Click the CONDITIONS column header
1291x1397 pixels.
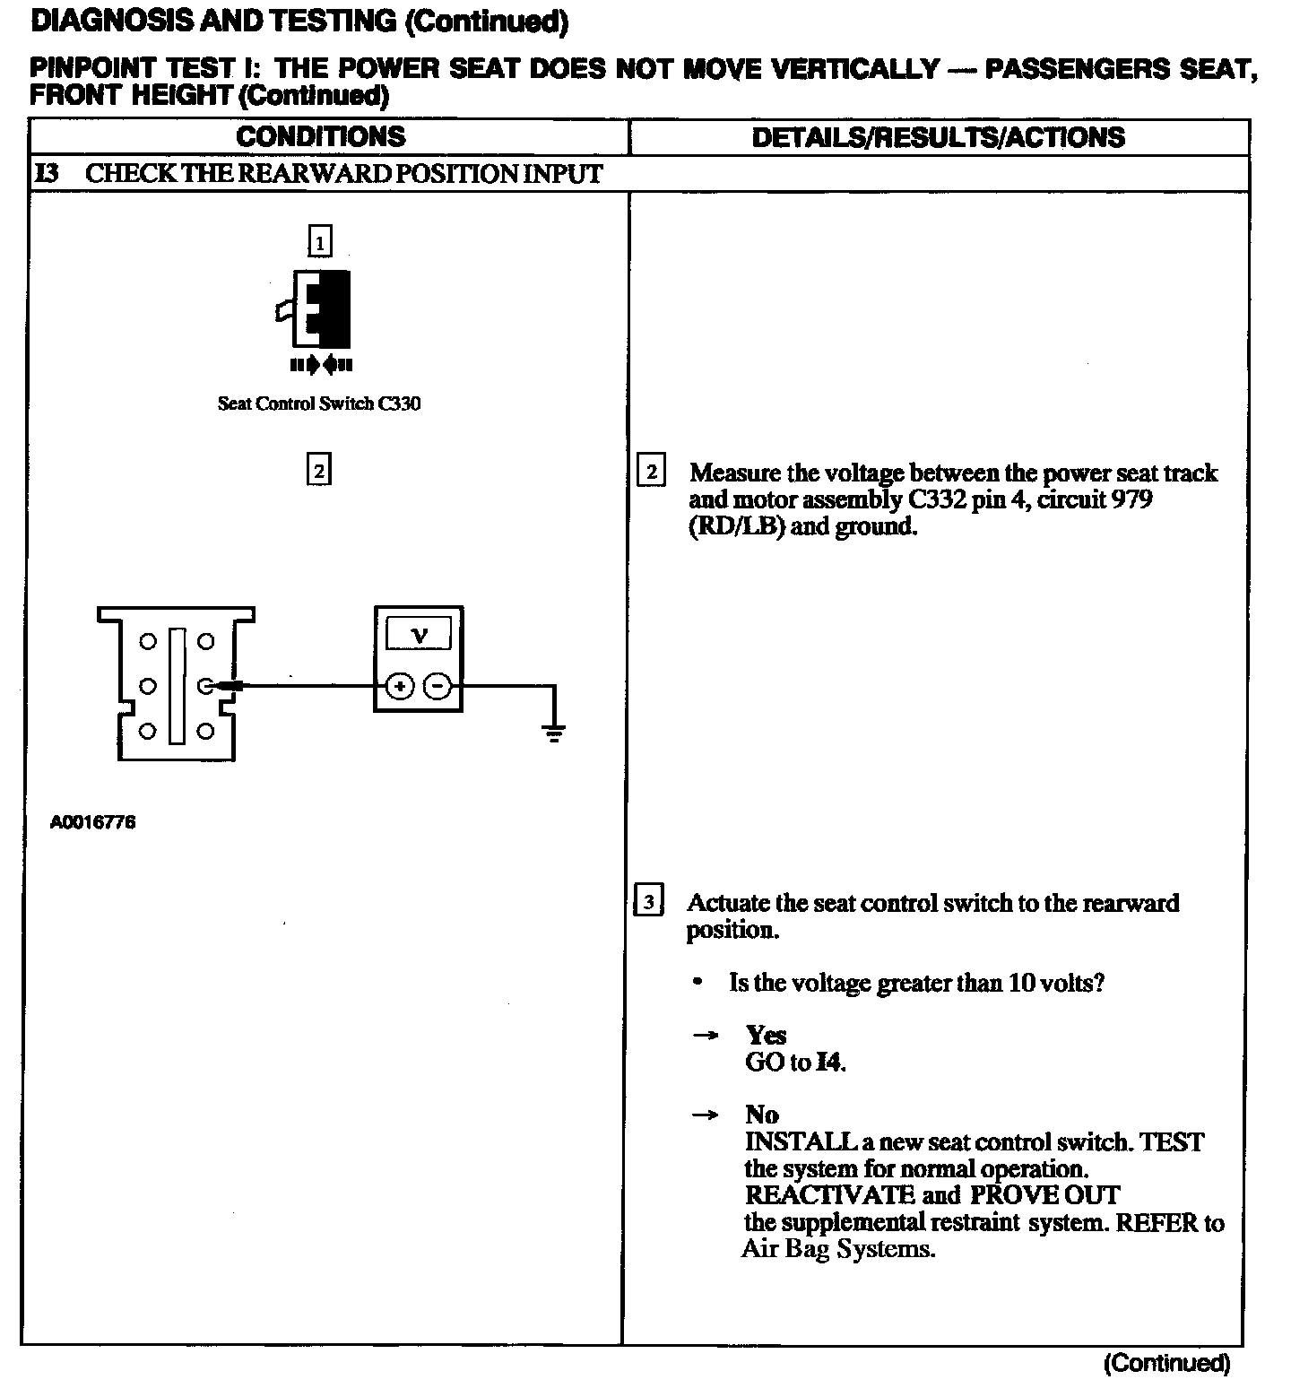point(321,137)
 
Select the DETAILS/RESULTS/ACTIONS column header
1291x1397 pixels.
point(938,137)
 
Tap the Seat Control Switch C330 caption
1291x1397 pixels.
point(319,403)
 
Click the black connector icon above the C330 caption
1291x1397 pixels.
point(320,309)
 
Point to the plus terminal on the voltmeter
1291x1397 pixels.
point(400,687)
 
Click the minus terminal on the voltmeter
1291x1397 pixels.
point(438,687)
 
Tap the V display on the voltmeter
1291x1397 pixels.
point(419,635)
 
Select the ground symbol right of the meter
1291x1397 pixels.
point(554,733)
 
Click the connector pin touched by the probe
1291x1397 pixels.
point(205,687)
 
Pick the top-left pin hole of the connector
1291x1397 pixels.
point(149,641)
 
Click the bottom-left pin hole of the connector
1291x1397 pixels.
point(149,732)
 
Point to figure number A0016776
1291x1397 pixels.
point(93,822)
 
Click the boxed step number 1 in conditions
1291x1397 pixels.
point(319,241)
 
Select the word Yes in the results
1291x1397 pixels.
point(766,1036)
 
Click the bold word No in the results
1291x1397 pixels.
point(761,1115)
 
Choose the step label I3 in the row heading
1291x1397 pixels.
point(47,174)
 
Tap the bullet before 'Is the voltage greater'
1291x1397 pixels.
point(697,983)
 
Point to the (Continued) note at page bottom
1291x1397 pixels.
point(1166,1364)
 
